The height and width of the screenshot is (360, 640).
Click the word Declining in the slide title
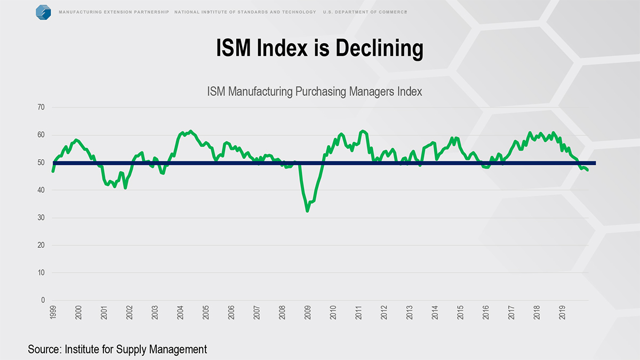pos(379,49)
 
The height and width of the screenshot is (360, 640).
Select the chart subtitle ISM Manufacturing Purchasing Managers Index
pos(314,92)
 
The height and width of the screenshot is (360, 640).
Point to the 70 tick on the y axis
pos(41,108)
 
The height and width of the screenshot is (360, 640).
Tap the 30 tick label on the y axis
pos(41,218)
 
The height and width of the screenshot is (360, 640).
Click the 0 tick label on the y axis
pos(43,300)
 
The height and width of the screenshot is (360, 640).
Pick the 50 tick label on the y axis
pos(41,163)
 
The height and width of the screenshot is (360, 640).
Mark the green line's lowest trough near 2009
pos(307,211)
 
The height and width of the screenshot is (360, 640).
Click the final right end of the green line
pos(588,170)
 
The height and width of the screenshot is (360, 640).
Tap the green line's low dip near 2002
pos(125,188)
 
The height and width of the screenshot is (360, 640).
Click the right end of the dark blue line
pos(595,163)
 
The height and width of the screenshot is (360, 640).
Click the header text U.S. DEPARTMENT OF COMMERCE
pos(365,12)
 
